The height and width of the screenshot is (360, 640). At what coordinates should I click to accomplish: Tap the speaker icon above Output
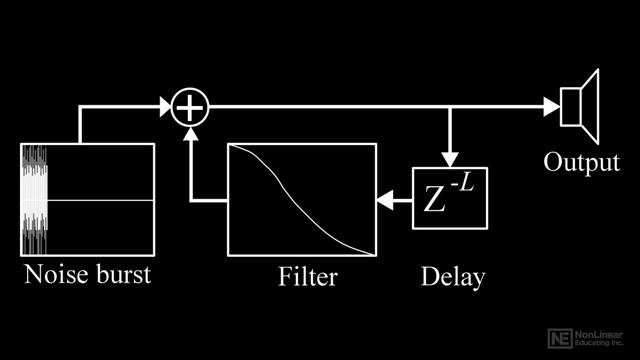[x=579, y=106]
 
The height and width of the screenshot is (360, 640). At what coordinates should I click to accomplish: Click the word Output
[x=581, y=162]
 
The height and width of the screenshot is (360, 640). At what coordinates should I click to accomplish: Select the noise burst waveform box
[x=87, y=201]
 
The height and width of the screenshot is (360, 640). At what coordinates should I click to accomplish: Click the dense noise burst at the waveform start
[x=33, y=201]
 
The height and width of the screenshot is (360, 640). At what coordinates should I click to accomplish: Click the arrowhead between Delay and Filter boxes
[x=385, y=202]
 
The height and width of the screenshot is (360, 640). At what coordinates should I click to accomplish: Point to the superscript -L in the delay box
[x=462, y=183]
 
